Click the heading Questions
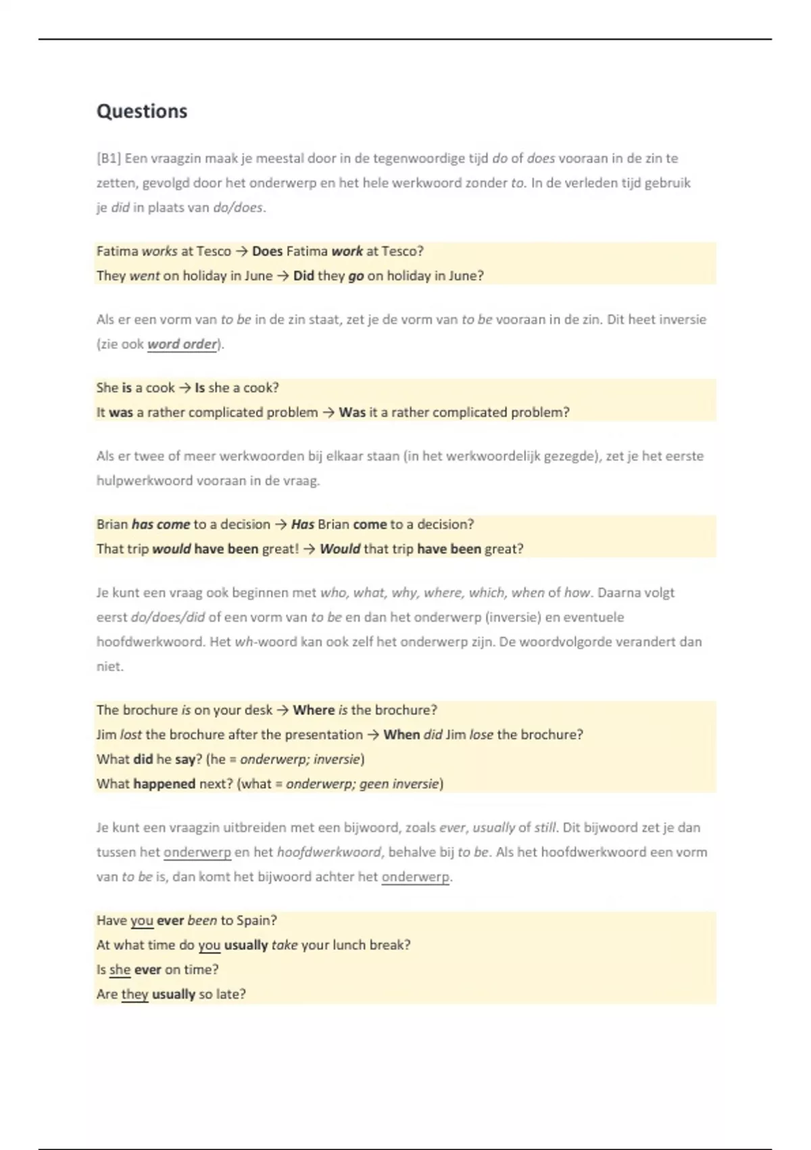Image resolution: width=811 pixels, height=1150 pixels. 142,111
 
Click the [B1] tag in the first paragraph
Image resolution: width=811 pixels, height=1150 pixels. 108,158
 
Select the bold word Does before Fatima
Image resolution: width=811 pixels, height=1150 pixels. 267,251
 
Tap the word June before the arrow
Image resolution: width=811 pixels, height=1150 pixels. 257,275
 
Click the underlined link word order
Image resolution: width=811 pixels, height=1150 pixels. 182,344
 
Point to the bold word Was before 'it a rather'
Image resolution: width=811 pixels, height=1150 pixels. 352,412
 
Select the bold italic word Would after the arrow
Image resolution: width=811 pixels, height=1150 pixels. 340,549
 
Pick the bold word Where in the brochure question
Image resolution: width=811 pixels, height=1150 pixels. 314,710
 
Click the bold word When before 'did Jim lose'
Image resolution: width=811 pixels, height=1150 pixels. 401,734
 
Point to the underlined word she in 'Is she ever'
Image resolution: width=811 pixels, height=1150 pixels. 120,969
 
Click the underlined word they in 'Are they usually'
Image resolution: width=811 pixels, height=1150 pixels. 134,994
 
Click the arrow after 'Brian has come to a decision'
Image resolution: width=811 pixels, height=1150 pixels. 280,524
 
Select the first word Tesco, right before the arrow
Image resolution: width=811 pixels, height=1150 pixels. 214,251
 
